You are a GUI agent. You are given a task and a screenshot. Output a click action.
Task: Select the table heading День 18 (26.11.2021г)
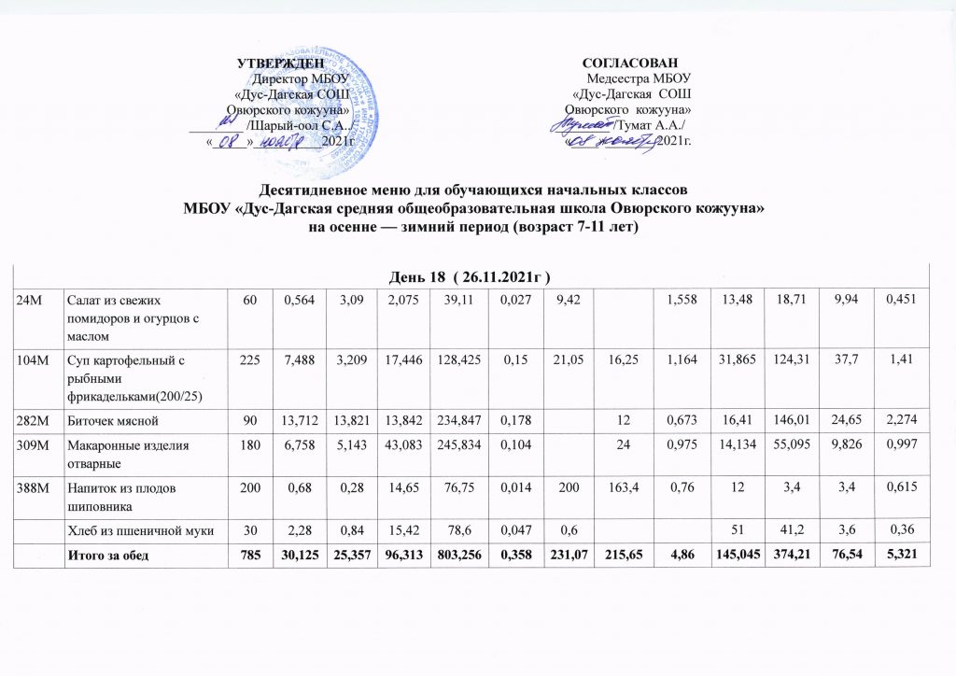(475, 277)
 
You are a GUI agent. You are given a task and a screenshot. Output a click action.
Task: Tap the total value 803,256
(452, 557)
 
